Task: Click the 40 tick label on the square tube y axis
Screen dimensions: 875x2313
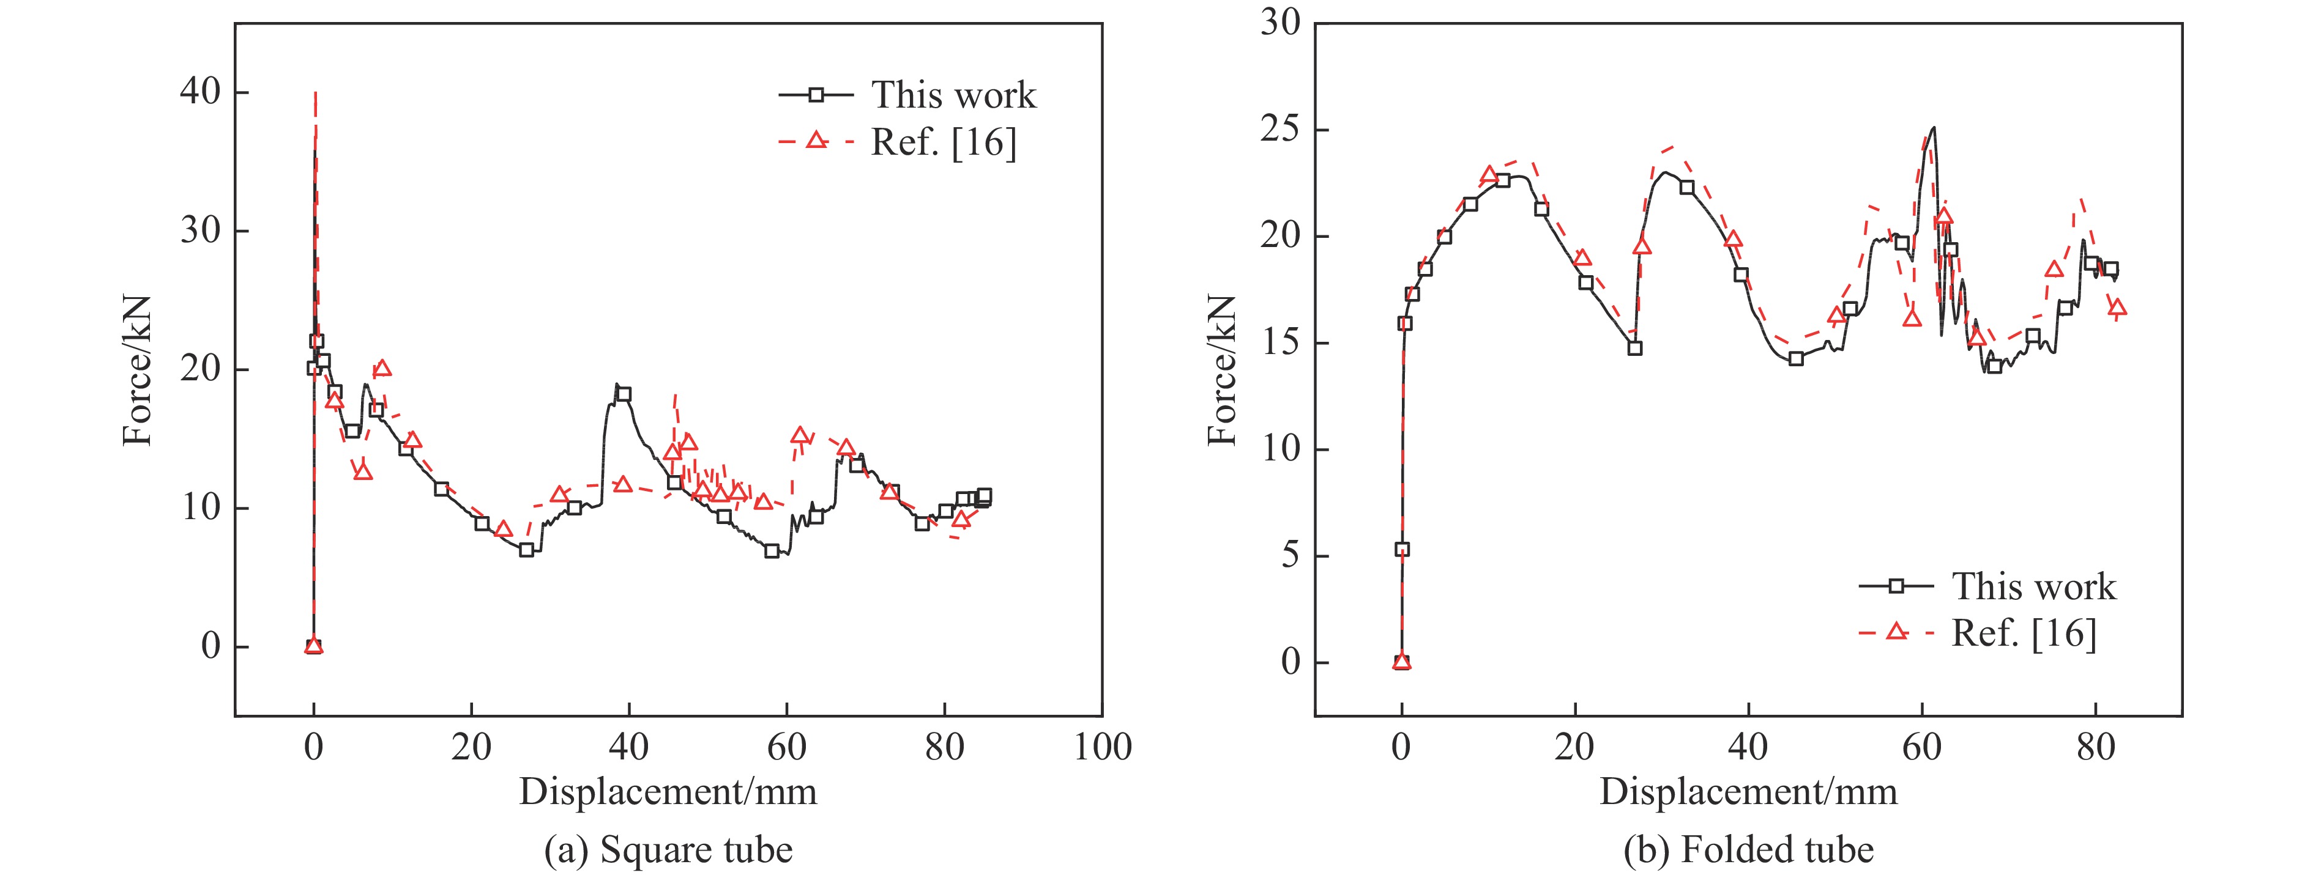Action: click(x=199, y=92)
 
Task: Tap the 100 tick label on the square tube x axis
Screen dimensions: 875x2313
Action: click(x=1101, y=747)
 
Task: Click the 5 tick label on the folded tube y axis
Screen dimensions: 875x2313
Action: click(x=1291, y=556)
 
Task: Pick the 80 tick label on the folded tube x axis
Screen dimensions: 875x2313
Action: click(x=2096, y=747)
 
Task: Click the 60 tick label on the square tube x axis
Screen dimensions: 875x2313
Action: click(x=786, y=747)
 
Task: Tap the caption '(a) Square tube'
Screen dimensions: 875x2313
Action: click(x=668, y=849)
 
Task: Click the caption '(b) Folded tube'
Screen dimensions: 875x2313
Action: click(x=1748, y=849)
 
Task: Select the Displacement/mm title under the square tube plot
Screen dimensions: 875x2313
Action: click(x=668, y=792)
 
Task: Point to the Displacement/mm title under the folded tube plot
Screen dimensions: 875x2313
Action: click(x=1748, y=792)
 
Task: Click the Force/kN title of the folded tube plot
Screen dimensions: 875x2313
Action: click(x=1222, y=370)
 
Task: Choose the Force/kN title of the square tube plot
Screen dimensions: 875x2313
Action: click(x=138, y=370)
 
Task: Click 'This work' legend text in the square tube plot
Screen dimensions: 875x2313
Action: click(x=953, y=95)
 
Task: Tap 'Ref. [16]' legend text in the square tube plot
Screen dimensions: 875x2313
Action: click(x=944, y=142)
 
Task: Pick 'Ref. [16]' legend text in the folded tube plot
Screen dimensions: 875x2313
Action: click(x=2024, y=633)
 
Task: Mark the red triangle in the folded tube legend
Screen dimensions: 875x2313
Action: click(x=1896, y=632)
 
